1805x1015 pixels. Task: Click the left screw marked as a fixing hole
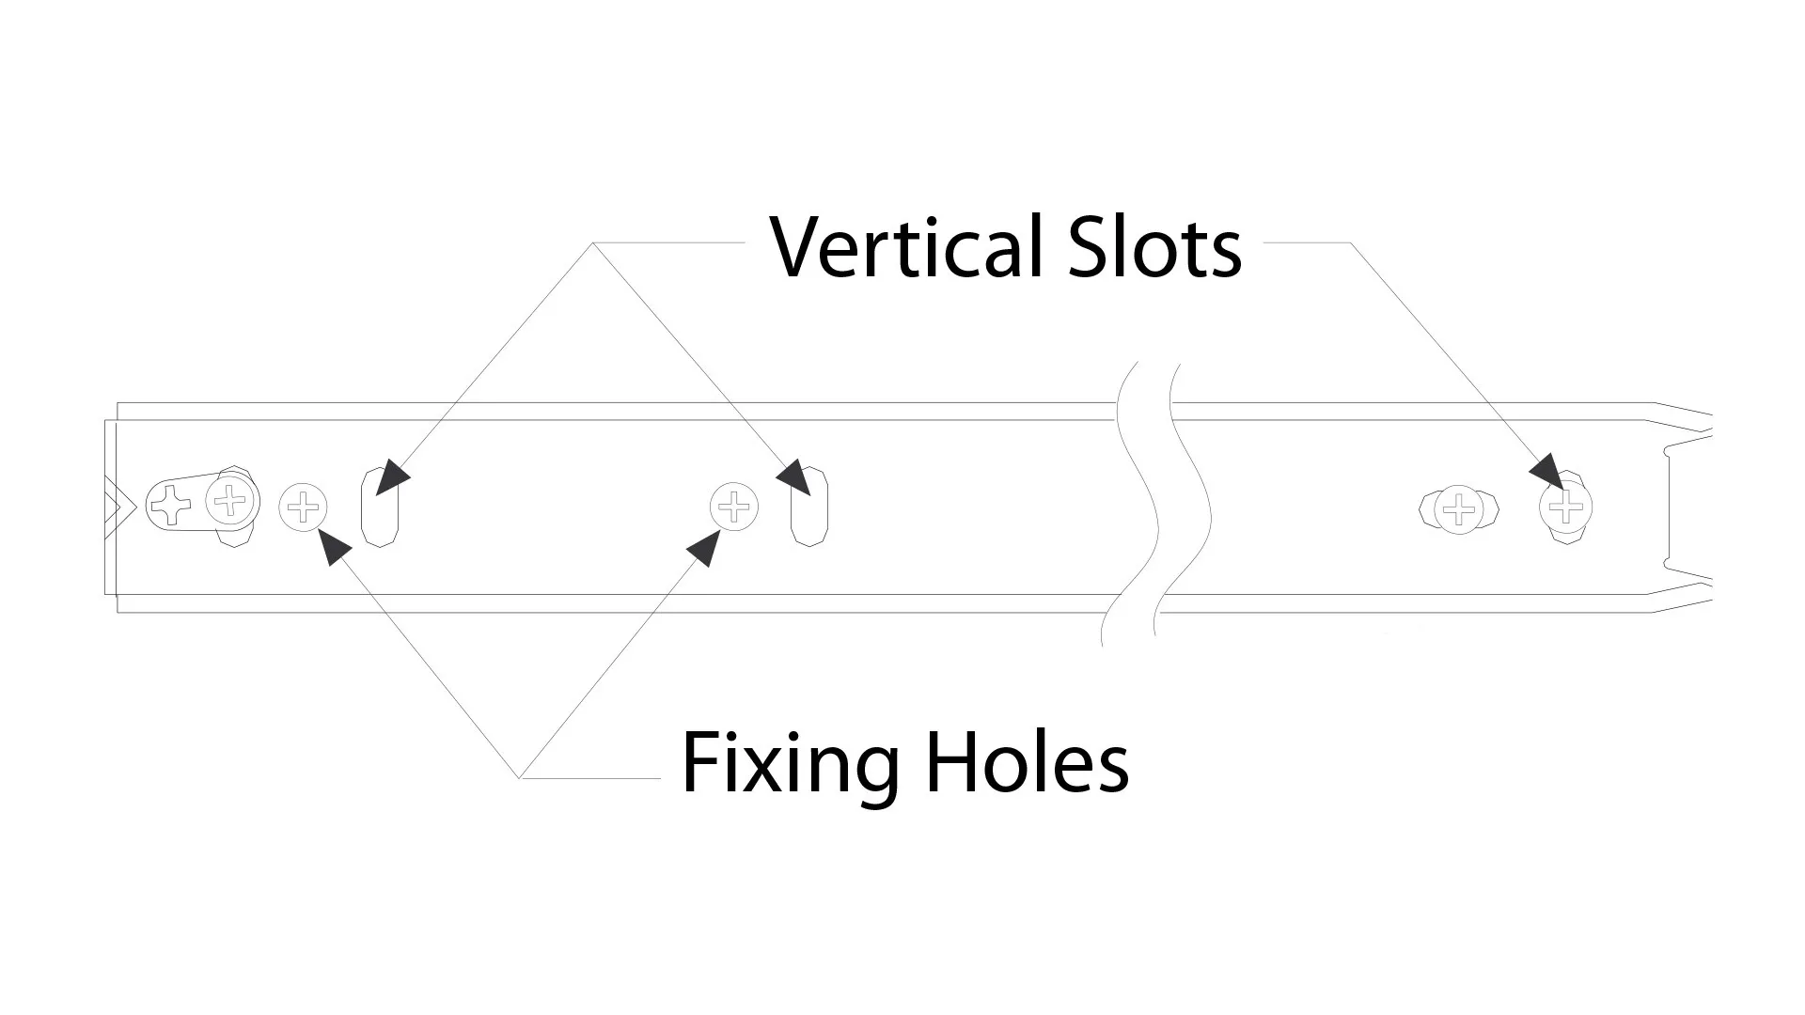tap(304, 508)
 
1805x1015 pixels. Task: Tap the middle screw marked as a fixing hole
tap(734, 507)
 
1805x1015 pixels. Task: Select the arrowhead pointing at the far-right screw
tap(1546, 472)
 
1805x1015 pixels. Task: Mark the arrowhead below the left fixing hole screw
tap(334, 545)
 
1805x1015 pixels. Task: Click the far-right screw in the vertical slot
tap(1565, 507)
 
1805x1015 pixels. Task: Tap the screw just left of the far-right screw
tap(1458, 509)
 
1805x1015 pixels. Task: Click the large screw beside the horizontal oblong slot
tap(231, 500)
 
